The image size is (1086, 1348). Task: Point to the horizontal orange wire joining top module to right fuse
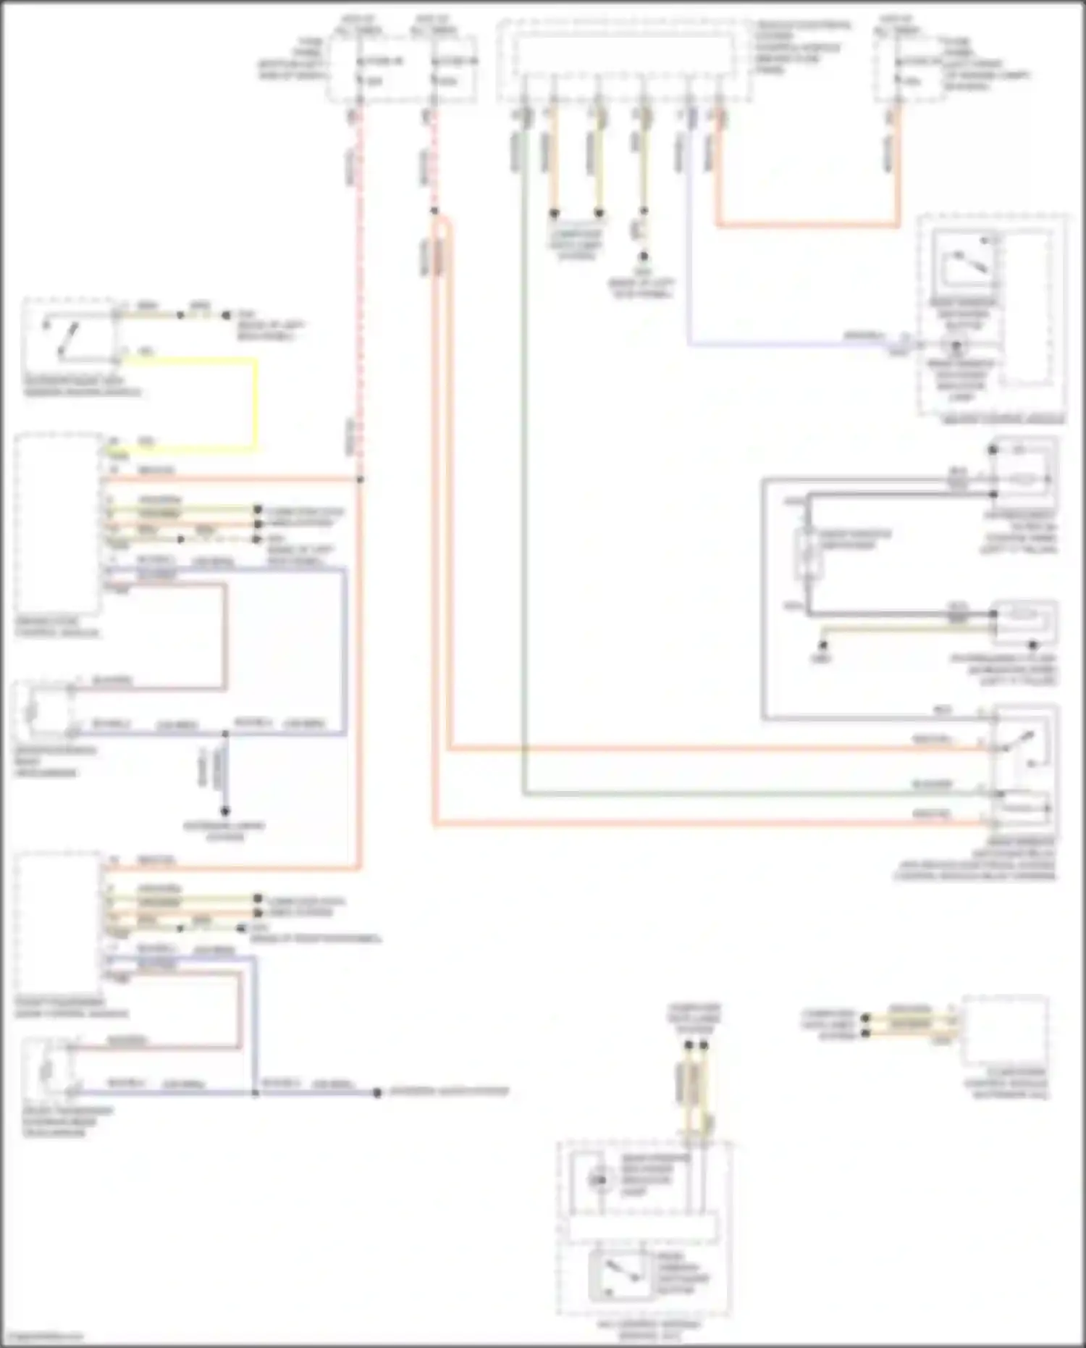pyautogui.click(x=807, y=225)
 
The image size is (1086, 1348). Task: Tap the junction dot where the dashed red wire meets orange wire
pyautogui.click(x=361, y=480)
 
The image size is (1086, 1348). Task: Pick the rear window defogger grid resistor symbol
pyautogui.click(x=807, y=554)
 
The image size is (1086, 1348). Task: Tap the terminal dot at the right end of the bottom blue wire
pyautogui.click(x=377, y=1092)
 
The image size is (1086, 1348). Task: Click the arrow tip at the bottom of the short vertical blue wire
pyautogui.click(x=225, y=811)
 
